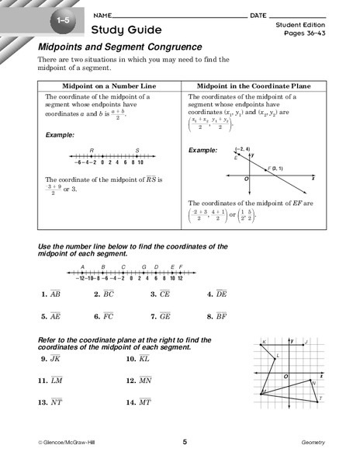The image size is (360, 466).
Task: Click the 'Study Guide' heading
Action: coord(126,30)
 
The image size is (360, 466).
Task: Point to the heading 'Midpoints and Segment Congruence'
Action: coord(119,47)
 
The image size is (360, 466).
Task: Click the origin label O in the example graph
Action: coord(246,179)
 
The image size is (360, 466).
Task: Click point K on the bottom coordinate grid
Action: coord(265,342)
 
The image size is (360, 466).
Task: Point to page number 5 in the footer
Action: coord(185,443)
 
